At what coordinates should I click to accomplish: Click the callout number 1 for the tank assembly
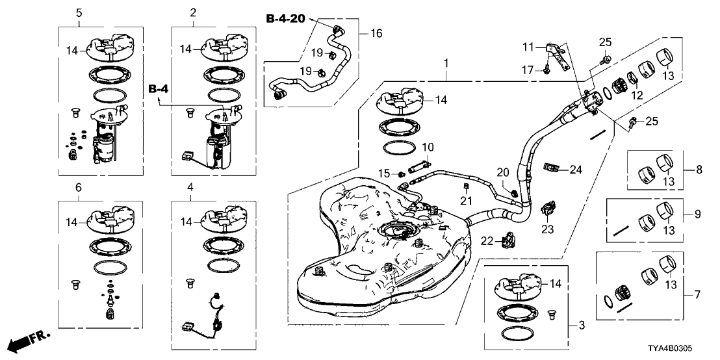point(446,63)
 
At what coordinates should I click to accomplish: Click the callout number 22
point(487,241)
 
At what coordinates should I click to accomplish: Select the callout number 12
point(637,96)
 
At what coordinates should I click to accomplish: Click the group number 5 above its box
point(79,12)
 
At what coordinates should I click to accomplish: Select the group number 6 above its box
point(79,187)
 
